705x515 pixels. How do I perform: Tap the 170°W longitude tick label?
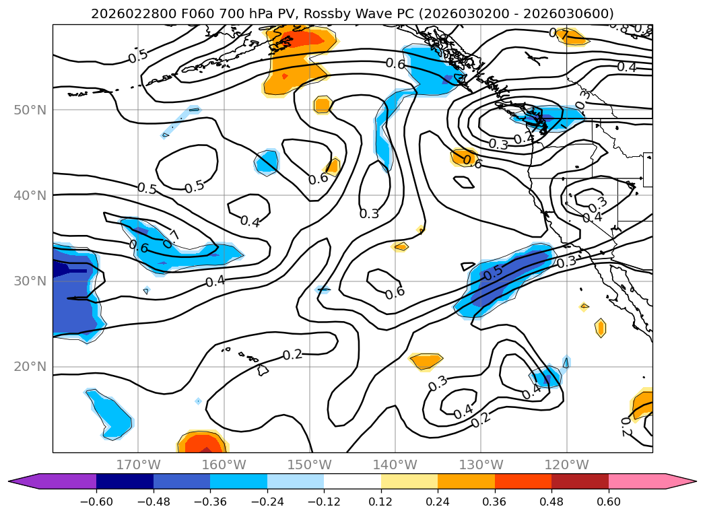pyautogui.click(x=138, y=465)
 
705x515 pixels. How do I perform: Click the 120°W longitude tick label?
pyautogui.click(x=566, y=465)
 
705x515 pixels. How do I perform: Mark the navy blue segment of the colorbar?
pyautogui.click(x=125, y=481)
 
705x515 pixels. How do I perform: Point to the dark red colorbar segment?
pyautogui.click(x=580, y=481)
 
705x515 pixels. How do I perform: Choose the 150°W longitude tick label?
pyautogui.click(x=309, y=465)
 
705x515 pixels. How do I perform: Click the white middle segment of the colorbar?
pyautogui.click(x=352, y=481)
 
